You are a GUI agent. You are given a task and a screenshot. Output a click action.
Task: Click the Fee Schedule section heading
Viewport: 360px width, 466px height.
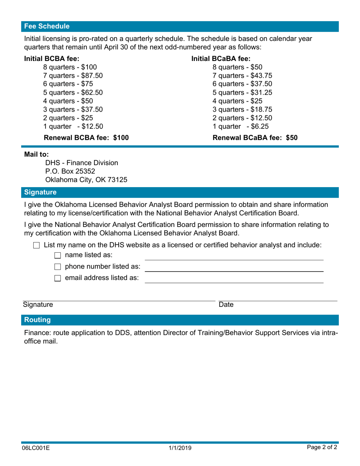point(47,27)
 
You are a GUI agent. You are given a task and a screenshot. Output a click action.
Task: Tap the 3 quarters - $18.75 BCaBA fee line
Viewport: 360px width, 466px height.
point(242,109)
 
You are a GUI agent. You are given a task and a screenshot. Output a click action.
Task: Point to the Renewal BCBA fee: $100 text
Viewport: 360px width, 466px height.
point(86,138)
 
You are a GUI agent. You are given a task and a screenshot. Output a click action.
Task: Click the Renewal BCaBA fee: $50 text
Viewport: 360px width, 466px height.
point(255,138)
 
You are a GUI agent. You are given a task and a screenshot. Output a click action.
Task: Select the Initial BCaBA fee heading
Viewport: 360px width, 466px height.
point(221,58)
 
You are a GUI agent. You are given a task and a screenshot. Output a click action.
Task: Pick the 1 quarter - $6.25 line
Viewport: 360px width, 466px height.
point(241,126)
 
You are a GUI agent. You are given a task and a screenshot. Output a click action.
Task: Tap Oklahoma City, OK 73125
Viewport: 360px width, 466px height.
point(86,180)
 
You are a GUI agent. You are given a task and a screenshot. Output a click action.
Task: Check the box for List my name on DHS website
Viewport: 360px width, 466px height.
point(36,246)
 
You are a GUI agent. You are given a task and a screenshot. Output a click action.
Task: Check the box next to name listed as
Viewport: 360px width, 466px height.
point(58,255)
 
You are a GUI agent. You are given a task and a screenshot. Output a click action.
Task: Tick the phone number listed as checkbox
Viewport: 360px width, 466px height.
point(58,267)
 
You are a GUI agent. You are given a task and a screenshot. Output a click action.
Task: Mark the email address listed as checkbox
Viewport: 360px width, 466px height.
point(58,278)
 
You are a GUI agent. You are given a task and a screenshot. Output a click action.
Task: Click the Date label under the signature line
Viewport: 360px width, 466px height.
point(226,305)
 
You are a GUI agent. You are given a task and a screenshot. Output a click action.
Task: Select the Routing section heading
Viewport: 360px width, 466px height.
point(38,320)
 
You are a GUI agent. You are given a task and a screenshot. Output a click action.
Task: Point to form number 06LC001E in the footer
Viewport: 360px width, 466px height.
point(36,448)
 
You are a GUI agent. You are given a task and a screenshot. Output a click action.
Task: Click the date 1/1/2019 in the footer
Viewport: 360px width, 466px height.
point(180,448)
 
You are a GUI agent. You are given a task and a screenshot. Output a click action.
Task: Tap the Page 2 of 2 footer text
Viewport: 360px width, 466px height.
point(322,447)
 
